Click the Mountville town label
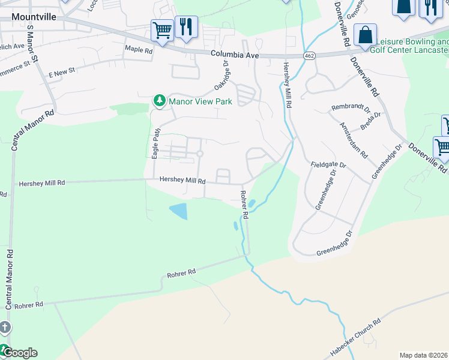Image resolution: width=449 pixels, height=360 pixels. (x=34, y=16)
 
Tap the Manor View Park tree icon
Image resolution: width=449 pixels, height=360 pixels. (x=159, y=100)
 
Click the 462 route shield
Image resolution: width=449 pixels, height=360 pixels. (x=309, y=56)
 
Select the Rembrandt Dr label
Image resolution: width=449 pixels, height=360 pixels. (x=351, y=108)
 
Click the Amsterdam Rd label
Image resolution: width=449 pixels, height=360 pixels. (x=354, y=140)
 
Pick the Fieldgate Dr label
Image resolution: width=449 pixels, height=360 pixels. (x=329, y=164)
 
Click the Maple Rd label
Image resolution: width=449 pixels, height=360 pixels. (x=139, y=50)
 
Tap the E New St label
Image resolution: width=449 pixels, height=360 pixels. (x=62, y=73)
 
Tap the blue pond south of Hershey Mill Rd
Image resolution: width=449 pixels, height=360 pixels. (x=178, y=211)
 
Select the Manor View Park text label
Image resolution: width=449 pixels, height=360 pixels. (x=200, y=101)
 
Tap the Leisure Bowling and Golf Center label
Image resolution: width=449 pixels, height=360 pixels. (x=412, y=46)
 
